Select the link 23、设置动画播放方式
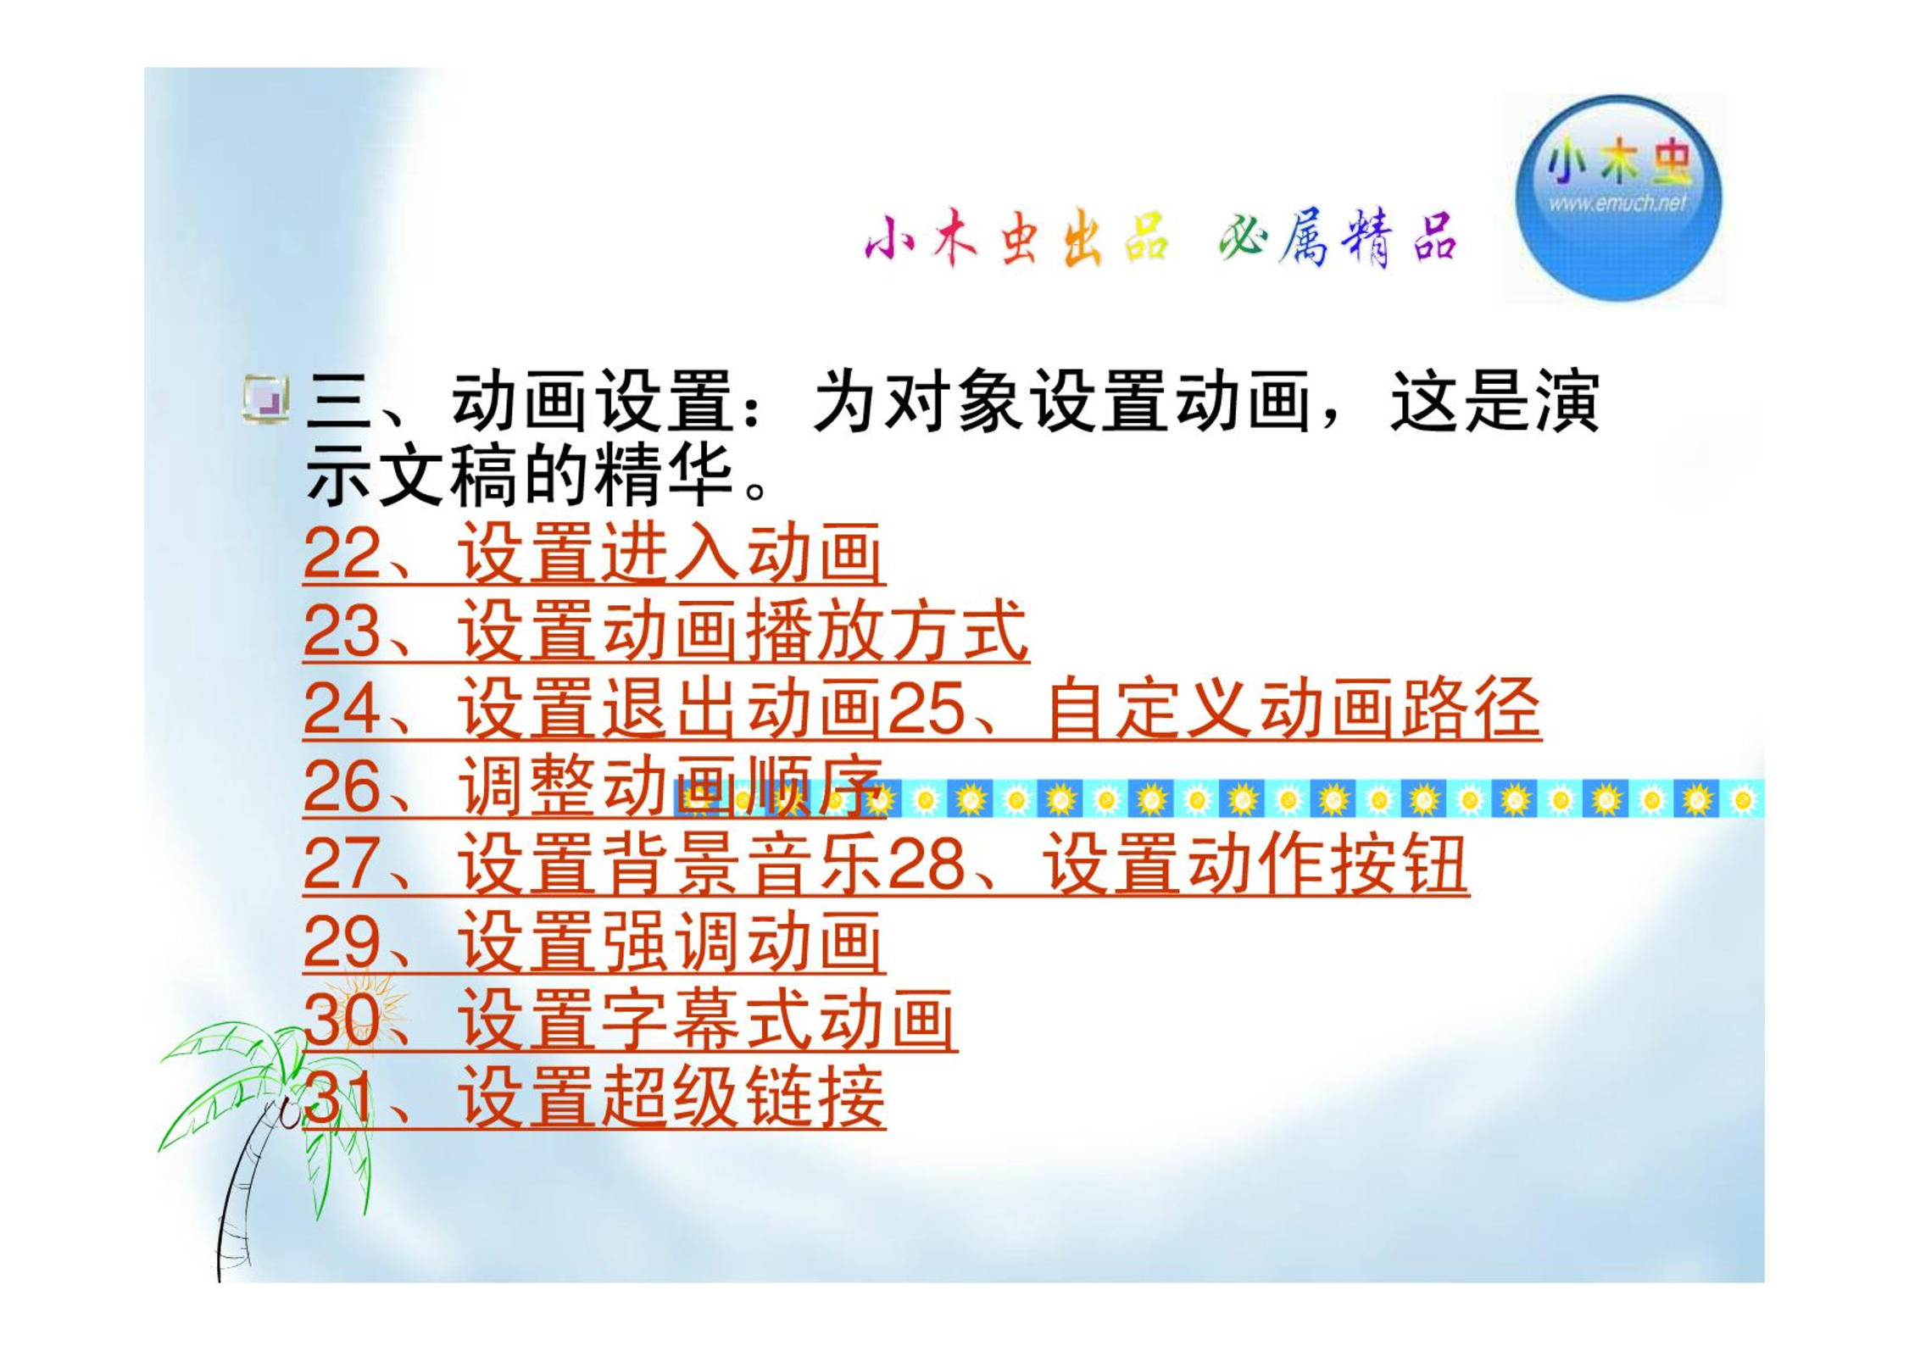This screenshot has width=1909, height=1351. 665,631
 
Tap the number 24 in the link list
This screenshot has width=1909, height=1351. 341,709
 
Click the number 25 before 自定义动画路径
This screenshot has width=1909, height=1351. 927,709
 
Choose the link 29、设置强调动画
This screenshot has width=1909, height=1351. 593,942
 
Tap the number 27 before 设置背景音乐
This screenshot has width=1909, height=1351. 341,865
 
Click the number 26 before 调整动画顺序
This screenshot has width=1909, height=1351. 341,787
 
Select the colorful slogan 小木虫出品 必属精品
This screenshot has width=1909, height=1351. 1160,238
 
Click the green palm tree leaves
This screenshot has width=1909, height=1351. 263,1093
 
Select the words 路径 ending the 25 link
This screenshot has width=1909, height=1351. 1471,709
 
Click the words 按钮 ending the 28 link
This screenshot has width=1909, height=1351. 1399,865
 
